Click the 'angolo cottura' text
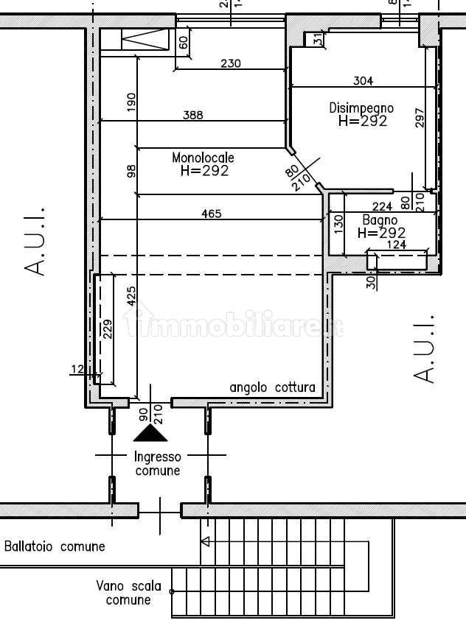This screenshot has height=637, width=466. pos(272,387)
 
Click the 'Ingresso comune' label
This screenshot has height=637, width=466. pos(157,464)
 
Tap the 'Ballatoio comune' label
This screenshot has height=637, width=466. pos(55,546)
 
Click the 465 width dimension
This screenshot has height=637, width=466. pos(212,214)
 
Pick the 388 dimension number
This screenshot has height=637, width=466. pos(193,115)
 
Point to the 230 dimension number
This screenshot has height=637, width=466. pos(231,64)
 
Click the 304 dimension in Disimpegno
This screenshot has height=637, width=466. pos(364,81)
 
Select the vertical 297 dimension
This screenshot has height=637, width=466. pos(420,119)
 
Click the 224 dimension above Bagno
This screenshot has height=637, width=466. pos(382,207)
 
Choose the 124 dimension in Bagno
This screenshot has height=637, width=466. pos(397,245)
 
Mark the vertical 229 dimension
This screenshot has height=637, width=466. pos(108,328)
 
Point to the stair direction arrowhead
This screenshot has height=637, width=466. pos(205,542)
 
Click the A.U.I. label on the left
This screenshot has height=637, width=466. pos(35,240)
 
